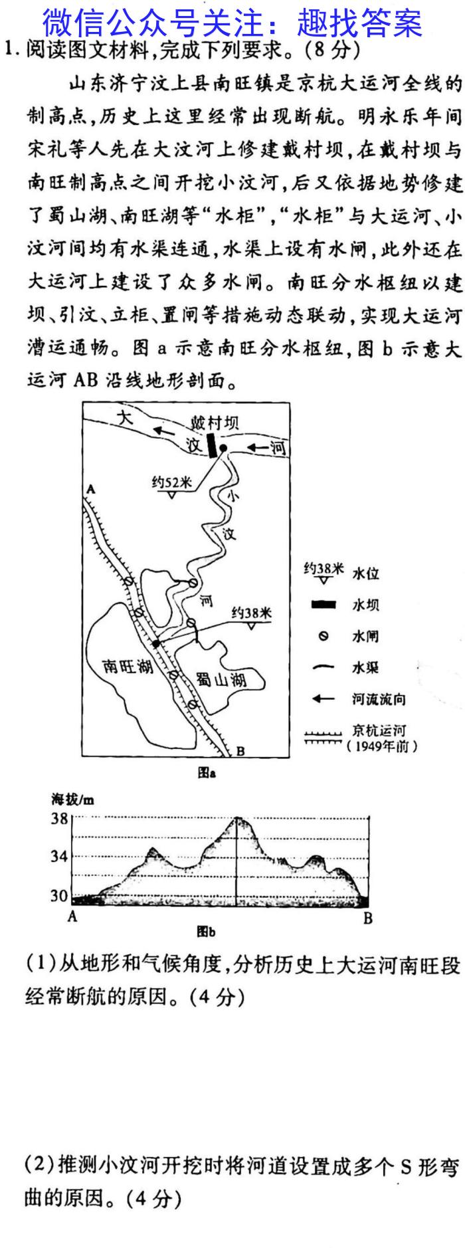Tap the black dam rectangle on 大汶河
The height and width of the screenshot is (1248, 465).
(x=212, y=445)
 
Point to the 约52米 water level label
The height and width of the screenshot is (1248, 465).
(x=171, y=482)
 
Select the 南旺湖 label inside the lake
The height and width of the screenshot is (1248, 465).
(x=128, y=666)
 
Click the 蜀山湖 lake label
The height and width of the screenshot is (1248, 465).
(x=221, y=679)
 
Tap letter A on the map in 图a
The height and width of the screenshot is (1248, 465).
(x=90, y=490)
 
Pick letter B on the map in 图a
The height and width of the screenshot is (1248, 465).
(x=240, y=751)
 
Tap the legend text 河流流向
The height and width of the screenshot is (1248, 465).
(x=378, y=698)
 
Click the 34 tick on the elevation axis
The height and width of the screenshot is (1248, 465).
(x=60, y=856)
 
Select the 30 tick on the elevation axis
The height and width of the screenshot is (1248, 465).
(x=60, y=895)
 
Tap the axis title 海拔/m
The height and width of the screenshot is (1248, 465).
(x=72, y=799)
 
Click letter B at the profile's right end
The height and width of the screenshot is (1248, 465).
(x=368, y=918)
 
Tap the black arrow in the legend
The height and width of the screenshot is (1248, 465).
(x=323, y=698)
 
